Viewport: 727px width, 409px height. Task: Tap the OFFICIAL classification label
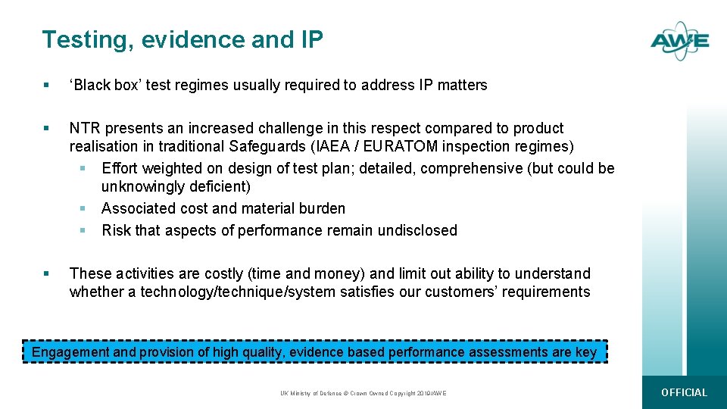[684, 392]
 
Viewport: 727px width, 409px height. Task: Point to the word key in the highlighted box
[586, 352]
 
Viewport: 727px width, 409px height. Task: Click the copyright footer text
[363, 393]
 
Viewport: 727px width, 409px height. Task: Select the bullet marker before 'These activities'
[47, 273]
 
